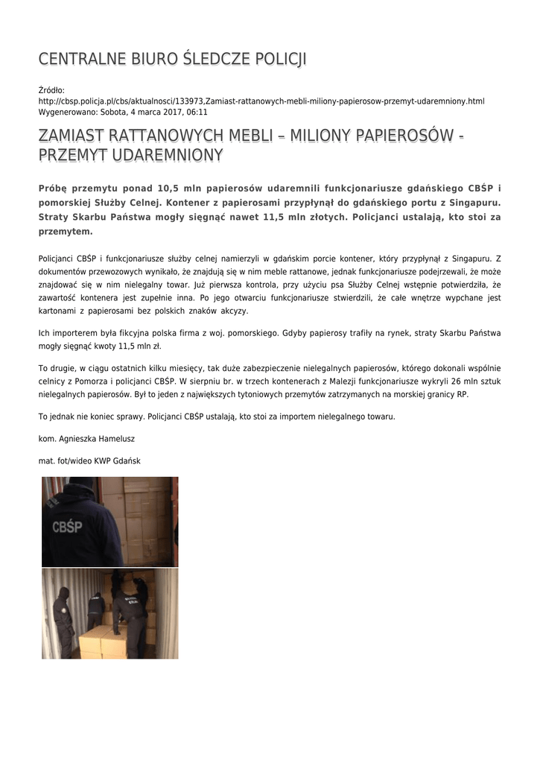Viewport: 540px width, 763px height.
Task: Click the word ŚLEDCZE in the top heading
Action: click(x=217, y=59)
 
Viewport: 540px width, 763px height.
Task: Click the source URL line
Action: click(x=261, y=101)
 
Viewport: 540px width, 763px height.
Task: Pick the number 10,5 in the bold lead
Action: click(x=171, y=188)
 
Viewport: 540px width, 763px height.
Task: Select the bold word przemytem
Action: click(x=66, y=231)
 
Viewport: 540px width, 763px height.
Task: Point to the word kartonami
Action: click(x=57, y=311)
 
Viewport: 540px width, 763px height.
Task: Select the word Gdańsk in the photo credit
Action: click(x=125, y=461)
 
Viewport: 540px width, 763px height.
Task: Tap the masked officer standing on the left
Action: click(x=63, y=620)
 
